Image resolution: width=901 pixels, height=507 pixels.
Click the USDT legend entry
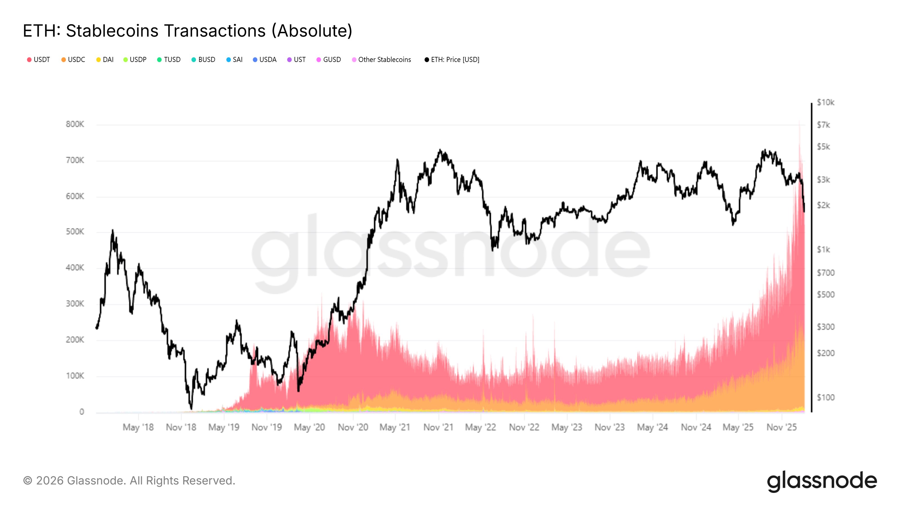[39, 59]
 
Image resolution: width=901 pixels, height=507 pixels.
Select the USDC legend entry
[73, 59]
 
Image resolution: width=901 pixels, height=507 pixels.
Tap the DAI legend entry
[105, 59]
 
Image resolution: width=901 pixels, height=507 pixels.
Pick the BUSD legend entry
[204, 59]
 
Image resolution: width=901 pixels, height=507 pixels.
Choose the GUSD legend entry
[329, 59]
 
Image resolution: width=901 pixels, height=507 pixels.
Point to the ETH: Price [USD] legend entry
[452, 59]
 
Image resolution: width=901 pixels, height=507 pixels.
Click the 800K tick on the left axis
[75, 124]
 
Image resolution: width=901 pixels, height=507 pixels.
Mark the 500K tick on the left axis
[75, 232]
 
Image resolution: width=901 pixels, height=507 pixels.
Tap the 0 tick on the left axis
[81, 412]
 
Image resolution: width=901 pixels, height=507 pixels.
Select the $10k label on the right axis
[826, 103]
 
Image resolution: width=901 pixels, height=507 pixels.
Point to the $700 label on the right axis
[826, 273]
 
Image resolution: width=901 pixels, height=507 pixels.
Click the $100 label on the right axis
[826, 397]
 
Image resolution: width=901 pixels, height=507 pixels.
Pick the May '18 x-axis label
[138, 427]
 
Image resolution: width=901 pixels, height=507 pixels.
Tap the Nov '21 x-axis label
[438, 427]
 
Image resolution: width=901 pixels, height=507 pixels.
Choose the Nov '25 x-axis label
[782, 427]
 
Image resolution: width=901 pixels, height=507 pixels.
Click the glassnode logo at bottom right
[822, 481]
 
